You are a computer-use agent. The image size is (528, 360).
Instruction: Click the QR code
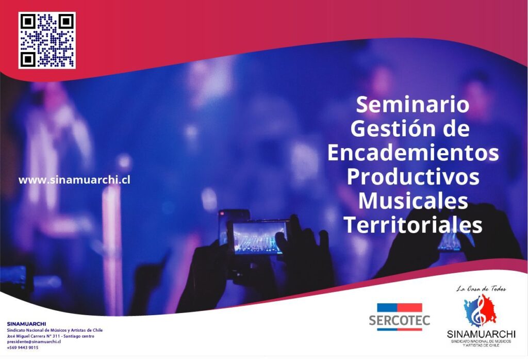pos(47,40)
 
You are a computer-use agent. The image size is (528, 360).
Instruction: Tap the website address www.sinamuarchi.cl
pos(74,180)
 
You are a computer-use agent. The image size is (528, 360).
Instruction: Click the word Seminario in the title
pos(412,105)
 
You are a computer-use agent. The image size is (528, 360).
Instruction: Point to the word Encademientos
pos(413,153)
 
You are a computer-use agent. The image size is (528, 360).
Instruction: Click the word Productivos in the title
pos(413,177)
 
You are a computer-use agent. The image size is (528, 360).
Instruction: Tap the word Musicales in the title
pos(413,201)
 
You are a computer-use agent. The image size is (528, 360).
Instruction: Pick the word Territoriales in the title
pos(413,225)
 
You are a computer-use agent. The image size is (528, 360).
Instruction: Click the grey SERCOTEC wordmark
pos(399,321)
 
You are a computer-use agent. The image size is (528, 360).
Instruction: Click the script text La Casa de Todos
pos(481,289)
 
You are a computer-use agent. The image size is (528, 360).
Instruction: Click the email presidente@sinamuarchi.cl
pos(34,341)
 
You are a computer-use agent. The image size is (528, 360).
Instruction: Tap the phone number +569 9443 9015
pos(23,348)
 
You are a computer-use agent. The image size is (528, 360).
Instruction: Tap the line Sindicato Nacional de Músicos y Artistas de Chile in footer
pos(55,330)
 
